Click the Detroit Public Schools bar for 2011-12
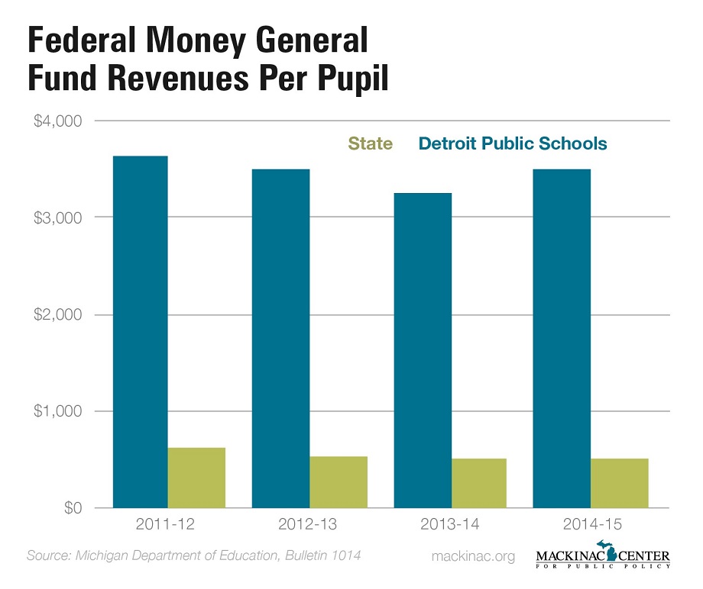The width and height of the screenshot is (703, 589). pos(140,332)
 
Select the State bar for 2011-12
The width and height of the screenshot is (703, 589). pos(196,478)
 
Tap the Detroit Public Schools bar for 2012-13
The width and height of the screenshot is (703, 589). pos(281,338)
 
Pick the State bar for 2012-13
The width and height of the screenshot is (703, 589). pos(339,482)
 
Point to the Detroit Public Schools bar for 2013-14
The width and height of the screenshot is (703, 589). pos(423,350)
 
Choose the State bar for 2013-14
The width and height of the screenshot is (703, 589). pos(479,483)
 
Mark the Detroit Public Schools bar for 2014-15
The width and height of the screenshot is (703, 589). pos(562,338)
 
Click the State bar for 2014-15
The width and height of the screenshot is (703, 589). pos(619,483)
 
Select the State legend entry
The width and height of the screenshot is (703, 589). pos(370,143)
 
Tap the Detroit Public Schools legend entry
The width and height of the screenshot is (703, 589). pos(512,143)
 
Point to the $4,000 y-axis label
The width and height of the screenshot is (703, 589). pos(58,121)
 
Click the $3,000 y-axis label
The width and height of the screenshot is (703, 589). pos(58,218)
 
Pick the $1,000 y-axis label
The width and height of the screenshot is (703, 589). pos(58,412)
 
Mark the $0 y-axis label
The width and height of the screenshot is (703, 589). pos(72,509)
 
